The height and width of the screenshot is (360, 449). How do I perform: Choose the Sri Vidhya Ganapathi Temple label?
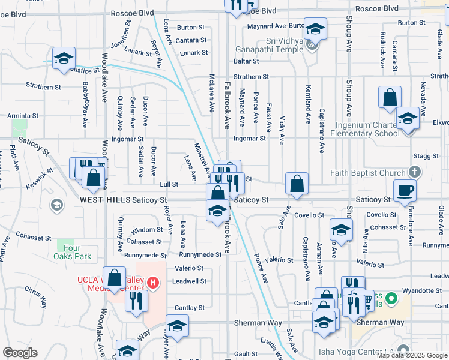(288, 40)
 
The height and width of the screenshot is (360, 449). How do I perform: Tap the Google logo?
(20, 353)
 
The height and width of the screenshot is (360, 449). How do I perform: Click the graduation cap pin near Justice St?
(63, 59)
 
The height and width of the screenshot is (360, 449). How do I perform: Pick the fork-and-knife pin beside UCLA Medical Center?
(137, 300)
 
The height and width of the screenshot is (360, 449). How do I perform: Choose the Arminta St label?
(22, 116)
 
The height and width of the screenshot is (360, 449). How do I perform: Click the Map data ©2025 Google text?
(411, 355)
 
